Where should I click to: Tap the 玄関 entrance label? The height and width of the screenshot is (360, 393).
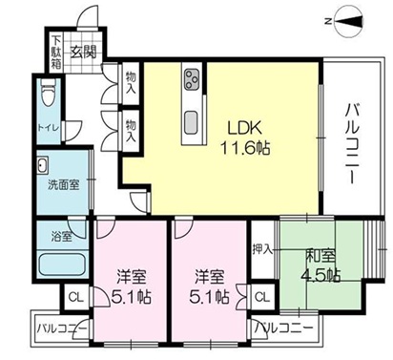point(83,52)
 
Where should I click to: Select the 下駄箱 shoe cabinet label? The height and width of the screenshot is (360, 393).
point(57,53)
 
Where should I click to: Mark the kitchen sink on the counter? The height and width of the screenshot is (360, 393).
point(190,119)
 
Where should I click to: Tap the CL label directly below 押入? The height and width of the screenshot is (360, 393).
point(262,297)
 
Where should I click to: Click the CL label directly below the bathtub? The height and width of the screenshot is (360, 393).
point(73,297)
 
